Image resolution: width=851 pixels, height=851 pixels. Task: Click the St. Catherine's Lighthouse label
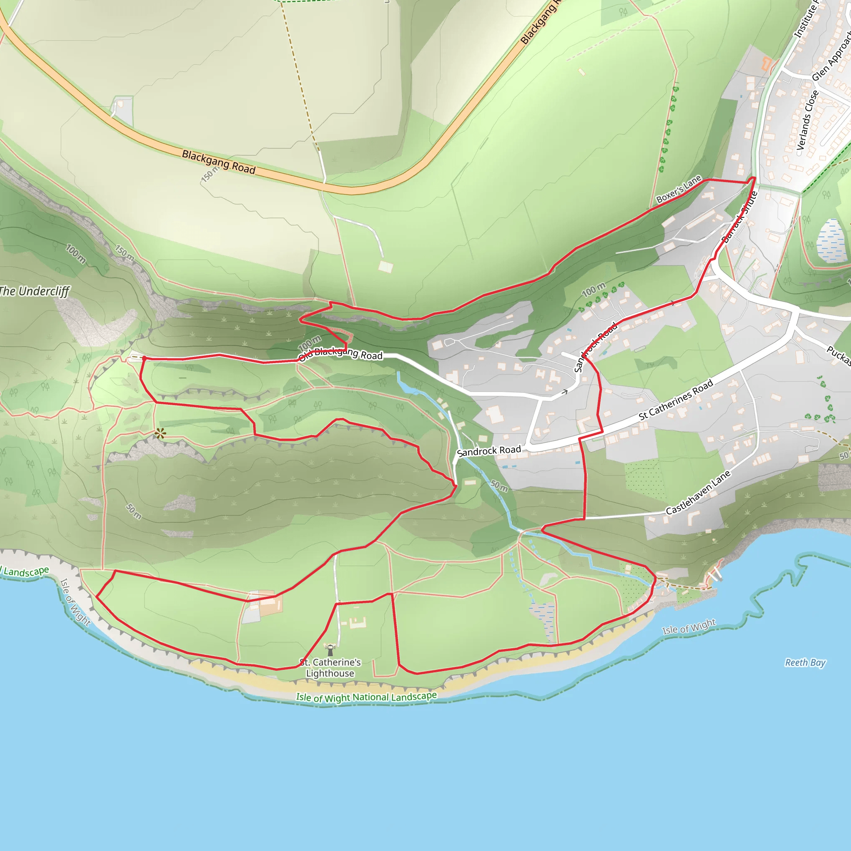(330, 668)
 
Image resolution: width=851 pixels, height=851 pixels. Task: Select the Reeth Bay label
(805, 662)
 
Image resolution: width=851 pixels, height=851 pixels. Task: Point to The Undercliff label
(34, 291)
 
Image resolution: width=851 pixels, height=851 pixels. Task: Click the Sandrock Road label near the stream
(489, 450)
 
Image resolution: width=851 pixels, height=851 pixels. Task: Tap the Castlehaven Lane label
(698, 492)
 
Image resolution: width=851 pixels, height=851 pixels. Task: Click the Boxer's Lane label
(678, 189)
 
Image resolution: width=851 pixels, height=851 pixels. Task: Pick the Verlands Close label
(807, 120)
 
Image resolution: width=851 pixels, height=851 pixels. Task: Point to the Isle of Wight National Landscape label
(366, 697)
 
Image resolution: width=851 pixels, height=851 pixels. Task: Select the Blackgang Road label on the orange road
(219, 162)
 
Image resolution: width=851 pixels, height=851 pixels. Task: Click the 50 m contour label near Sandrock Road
(499, 485)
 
